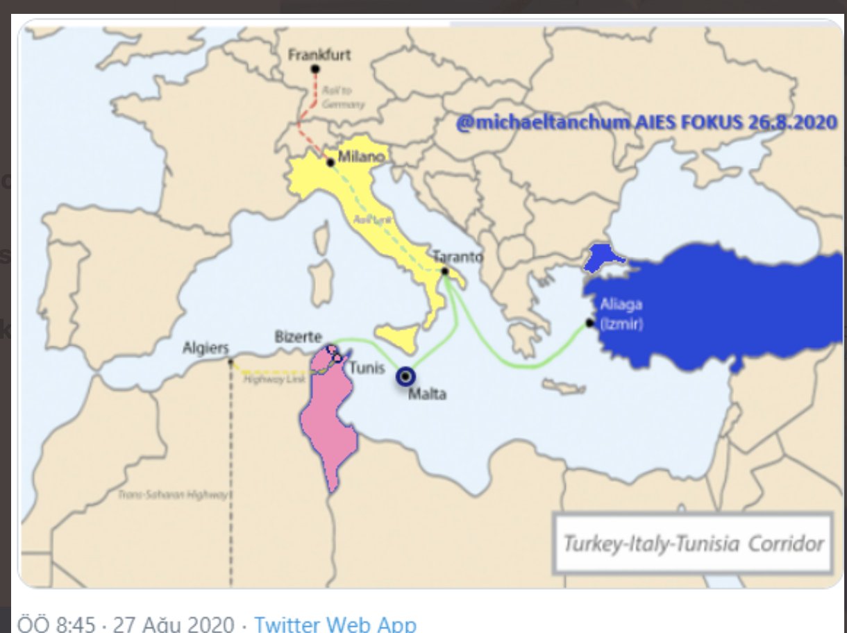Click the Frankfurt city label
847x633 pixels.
coord(319,54)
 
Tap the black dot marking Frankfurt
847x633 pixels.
coord(315,69)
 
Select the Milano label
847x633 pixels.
coord(361,157)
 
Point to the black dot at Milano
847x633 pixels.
coord(330,163)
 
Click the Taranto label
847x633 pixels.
coord(458,256)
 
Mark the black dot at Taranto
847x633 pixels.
coord(445,271)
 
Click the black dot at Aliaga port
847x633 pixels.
coord(589,323)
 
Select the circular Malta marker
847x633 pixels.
coord(405,376)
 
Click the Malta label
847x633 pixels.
coord(427,395)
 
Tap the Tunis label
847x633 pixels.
coord(366,367)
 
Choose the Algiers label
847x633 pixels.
coord(206,348)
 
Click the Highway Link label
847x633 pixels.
coord(265,379)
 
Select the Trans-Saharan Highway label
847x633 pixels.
coord(173,495)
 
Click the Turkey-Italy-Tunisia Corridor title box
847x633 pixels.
coord(693,543)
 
